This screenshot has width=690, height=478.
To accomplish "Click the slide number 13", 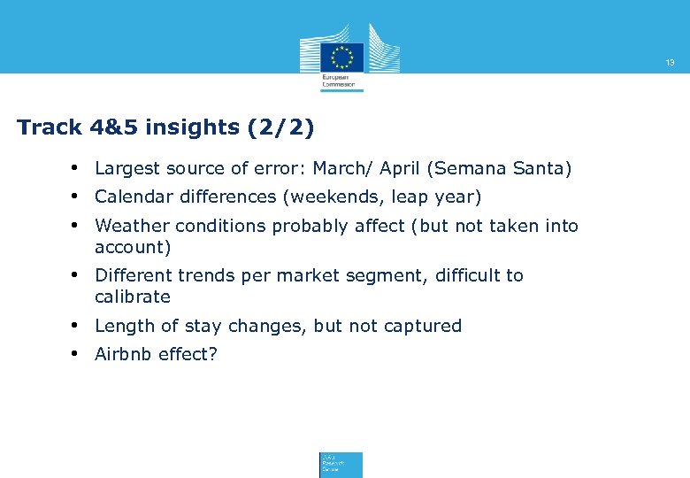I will pos(670,63).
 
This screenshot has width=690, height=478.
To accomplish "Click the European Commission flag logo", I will pos(341,56).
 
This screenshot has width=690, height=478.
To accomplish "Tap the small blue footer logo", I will pos(341,465).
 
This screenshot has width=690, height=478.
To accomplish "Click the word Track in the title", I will pos(49,127).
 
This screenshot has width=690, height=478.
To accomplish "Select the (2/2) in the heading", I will pos(280,127).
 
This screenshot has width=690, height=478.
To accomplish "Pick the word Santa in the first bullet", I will pos(543,168).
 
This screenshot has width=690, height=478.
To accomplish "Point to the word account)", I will pos(132,247).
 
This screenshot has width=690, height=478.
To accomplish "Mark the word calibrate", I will pos(132,297).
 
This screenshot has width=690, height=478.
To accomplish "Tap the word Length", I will pos(122,326).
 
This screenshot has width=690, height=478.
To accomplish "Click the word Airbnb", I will pos(123,354).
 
